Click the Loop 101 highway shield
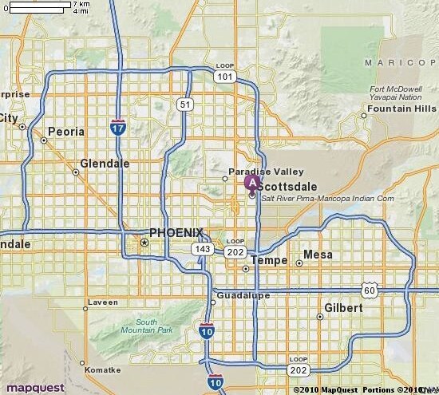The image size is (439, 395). click(225, 73)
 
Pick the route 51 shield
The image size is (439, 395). click(185, 104)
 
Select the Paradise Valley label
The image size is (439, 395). click(255, 172)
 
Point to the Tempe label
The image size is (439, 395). click(268, 261)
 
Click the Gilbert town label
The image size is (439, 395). click(343, 307)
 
